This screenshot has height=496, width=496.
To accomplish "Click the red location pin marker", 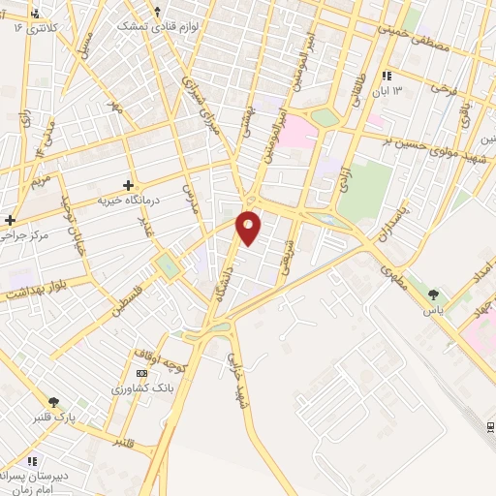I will click(x=249, y=227).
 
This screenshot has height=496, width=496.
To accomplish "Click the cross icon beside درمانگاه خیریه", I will click(x=129, y=184).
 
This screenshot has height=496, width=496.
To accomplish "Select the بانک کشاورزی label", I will click(x=142, y=388).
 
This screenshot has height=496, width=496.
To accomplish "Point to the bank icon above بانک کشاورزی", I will click(x=142, y=373).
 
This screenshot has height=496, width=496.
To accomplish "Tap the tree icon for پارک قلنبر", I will click(x=54, y=402).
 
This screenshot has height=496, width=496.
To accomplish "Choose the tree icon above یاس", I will click(x=432, y=295).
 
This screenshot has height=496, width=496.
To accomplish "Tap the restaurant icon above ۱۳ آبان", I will click(x=387, y=75).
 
